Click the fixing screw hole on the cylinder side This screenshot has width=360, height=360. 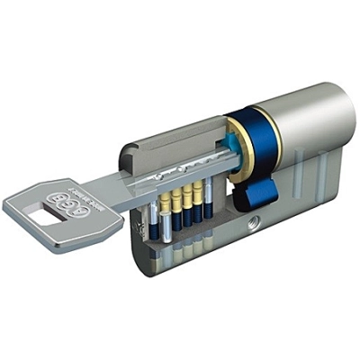(x=255, y=220)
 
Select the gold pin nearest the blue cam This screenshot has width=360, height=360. (x=199, y=199)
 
